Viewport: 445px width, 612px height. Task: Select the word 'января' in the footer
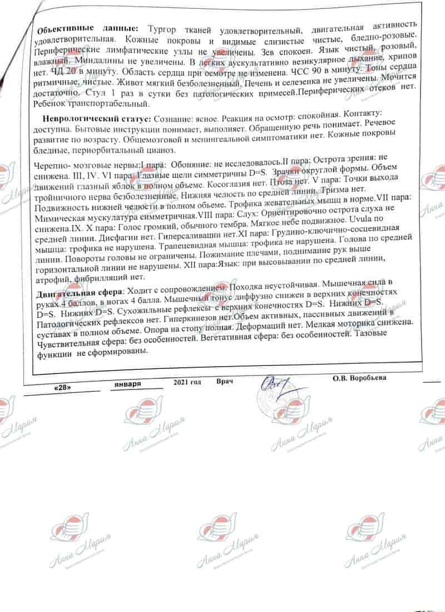coord(127,385)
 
